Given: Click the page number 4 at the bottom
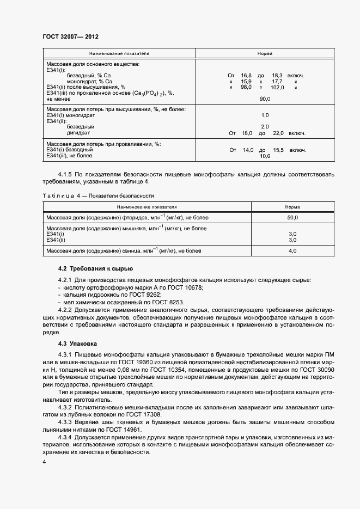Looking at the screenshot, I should point(44,462).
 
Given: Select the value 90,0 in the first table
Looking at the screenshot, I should point(265,99).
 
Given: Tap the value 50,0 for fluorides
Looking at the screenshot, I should point(292,218).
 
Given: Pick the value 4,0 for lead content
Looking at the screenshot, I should point(292,251).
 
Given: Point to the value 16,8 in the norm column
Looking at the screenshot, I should point(246,75).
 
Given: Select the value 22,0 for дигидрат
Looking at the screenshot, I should point(278,133).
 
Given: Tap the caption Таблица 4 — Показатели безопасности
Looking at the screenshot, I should point(98,195).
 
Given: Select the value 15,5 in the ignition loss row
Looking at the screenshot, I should point(278,150).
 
